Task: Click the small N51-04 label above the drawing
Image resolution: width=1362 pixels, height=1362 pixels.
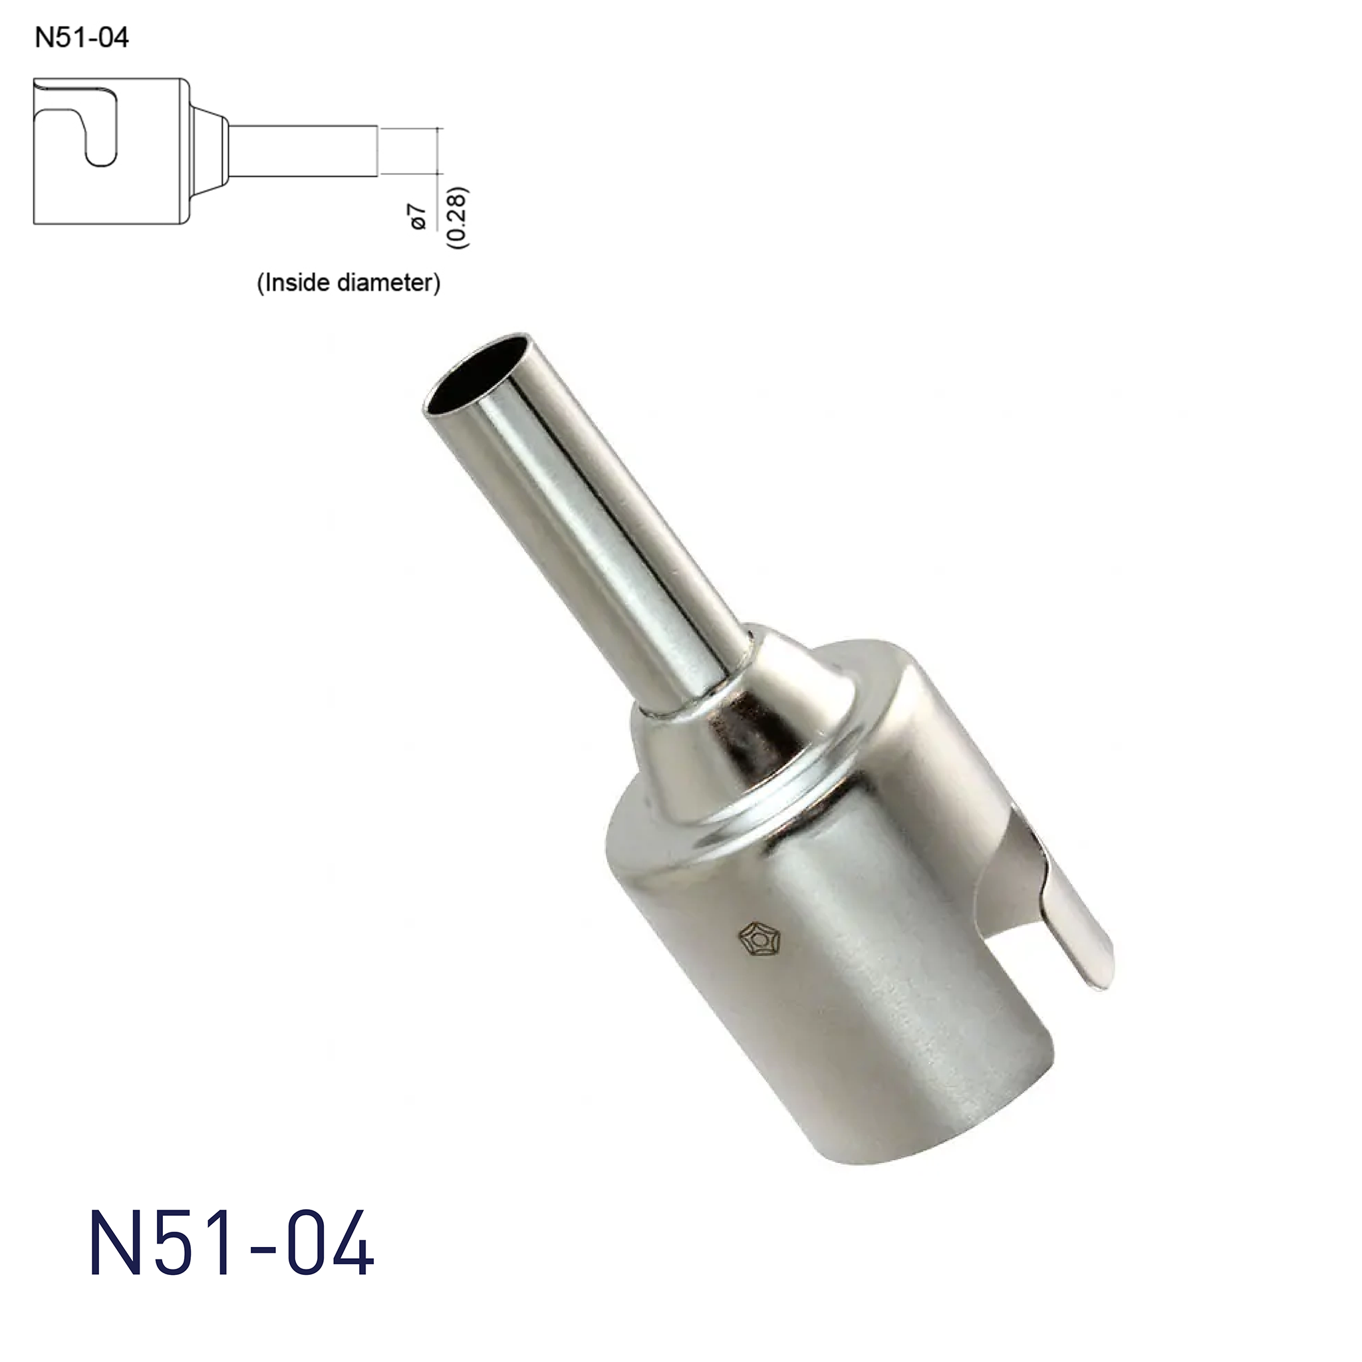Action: coord(82,37)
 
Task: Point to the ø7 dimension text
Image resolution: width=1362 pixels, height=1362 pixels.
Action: coord(419,216)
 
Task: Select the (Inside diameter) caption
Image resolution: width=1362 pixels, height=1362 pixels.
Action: coord(348,283)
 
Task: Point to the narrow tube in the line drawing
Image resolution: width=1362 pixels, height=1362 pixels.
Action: coord(303,150)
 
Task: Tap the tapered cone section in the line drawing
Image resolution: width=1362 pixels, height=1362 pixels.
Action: coord(209,150)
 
